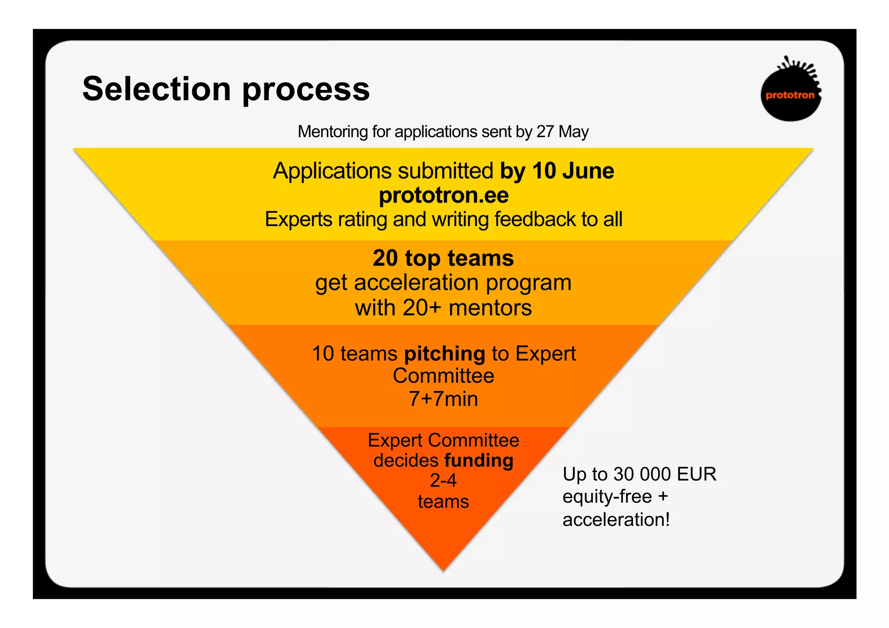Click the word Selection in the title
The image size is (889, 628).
pyautogui.click(x=156, y=89)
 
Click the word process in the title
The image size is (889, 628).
pyautogui.click(x=306, y=90)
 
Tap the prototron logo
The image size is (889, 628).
pyautogui.click(x=790, y=91)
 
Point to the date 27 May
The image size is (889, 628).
pyautogui.click(x=563, y=132)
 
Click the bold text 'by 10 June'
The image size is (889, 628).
pyautogui.click(x=557, y=171)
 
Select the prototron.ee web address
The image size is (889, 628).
pyautogui.click(x=444, y=195)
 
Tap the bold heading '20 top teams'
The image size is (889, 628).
pyautogui.click(x=443, y=258)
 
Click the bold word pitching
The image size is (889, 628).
pyautogui.click(x=444, y=354)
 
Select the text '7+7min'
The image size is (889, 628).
pyautogui.click(x=443, y=399)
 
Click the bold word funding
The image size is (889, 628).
pyautogui.click(x=479, y=460)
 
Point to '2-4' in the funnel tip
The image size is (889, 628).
pyautogui.click(x=443, y=480)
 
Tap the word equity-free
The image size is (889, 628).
pyautogui.click(x=607, y=496)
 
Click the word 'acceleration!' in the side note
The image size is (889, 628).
pyautogui.click(x=616, y=519)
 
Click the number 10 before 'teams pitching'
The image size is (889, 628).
pyautogui.click(x=323, y=353)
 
